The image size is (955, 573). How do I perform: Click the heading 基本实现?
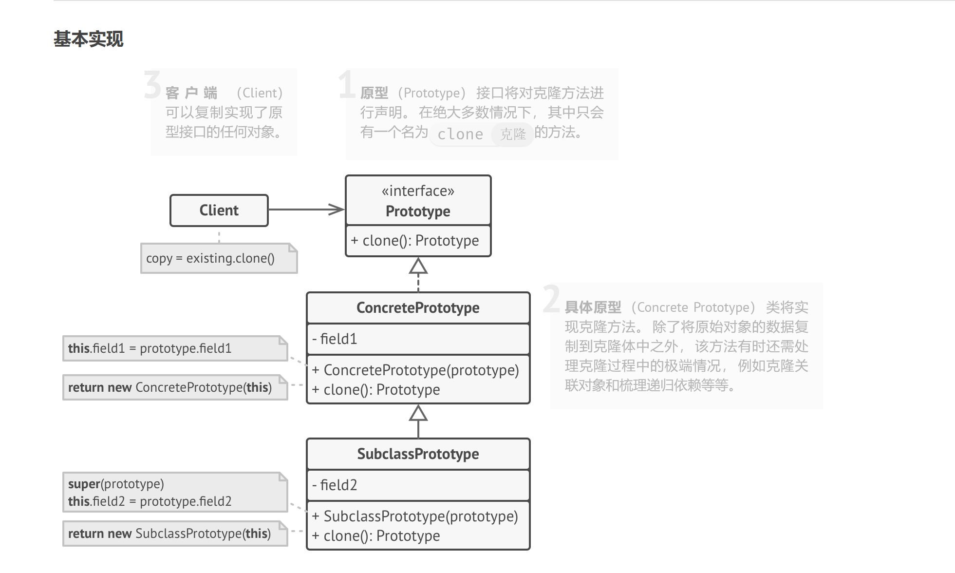88,39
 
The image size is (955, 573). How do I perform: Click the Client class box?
219,210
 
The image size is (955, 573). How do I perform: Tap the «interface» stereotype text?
418,191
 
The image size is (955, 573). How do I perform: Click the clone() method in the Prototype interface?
415,241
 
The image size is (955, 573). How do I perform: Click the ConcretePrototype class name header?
418,308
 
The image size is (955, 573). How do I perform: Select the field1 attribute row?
418,339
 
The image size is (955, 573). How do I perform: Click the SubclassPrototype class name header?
418,454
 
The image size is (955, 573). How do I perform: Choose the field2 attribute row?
418,485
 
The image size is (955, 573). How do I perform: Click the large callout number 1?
346,85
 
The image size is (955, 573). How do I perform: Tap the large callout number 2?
551,299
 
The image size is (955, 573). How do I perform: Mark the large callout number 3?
152,85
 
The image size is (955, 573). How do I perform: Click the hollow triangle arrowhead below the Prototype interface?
418,267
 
